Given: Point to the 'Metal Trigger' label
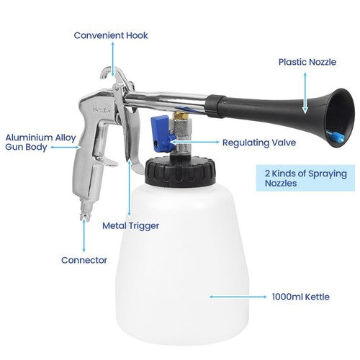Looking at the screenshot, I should coord(130,225).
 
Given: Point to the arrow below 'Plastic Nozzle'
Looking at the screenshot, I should coord(306,94).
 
